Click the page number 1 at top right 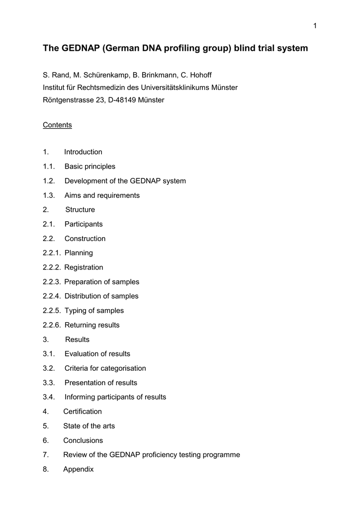click(315, 26)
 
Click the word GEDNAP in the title click(80, 48)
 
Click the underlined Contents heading click(57, 125)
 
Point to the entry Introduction click(83, 152)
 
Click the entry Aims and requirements click(102, 195)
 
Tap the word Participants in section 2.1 click(84, 224)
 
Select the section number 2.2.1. click(52, 253)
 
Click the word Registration click(84, 267)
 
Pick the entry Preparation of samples click(102, 282)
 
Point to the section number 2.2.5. click(52, 311)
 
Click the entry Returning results click(92, 325)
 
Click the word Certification click(83, 412)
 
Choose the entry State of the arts click(89, 426)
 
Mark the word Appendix click(79, 469)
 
